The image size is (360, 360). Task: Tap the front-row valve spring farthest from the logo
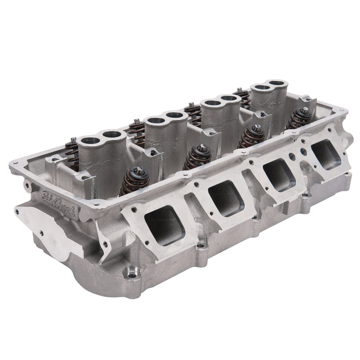tap(299, 118)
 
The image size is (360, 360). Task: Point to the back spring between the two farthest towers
tap(243, 97)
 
